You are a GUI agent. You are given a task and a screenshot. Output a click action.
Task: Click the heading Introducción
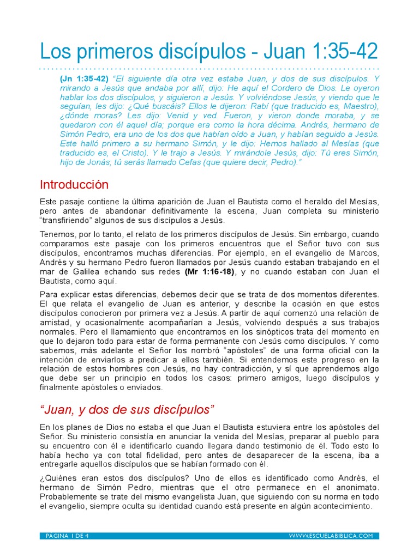(74, 184)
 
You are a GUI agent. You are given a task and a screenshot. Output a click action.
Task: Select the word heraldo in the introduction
(310, 202)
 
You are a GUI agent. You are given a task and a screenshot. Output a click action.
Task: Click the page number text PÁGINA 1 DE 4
(68, 536)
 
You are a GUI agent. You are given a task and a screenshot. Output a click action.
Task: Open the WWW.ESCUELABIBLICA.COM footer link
(331, 536)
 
